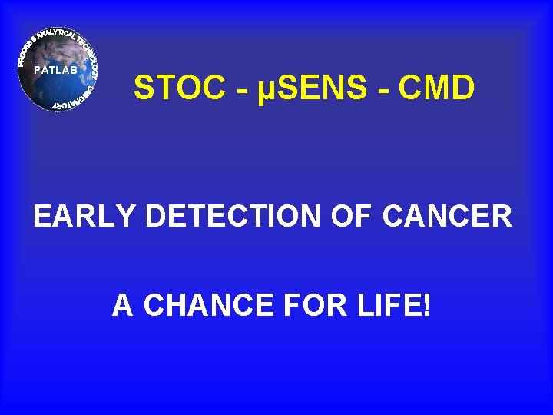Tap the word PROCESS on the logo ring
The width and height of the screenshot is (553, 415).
click(28, 47)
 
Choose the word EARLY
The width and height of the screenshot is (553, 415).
click(84, 217)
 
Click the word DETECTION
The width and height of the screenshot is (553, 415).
click(234, 217)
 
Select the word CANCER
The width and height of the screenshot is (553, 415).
click(448, 217)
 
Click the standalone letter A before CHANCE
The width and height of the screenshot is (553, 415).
click(123, 306)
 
